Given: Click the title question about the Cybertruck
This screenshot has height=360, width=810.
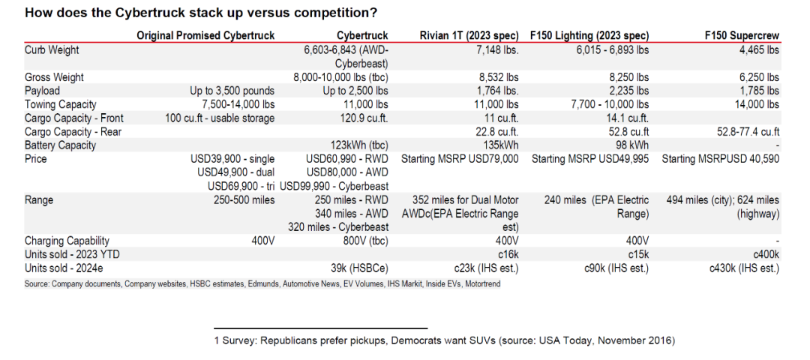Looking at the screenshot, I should [201, 13].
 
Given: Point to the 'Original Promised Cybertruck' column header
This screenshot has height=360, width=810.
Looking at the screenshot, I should [205, 35].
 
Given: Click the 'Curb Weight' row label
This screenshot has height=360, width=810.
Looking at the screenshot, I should [52, 50].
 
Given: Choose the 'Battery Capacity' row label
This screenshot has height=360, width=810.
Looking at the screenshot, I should [60, 145].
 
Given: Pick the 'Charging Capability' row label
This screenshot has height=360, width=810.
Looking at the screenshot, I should [67, 241].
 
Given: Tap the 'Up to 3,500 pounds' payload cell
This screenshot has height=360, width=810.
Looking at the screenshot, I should [232, 91].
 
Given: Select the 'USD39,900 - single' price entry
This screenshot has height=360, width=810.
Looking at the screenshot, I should [233, 159].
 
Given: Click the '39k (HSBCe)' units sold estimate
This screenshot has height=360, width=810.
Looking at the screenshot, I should [359, 268].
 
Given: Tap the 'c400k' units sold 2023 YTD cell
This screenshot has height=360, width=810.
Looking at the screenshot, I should [763, 254].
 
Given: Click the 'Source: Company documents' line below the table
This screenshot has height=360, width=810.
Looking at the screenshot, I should [262, 283].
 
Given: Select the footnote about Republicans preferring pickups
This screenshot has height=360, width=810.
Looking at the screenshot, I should [445, 340].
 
